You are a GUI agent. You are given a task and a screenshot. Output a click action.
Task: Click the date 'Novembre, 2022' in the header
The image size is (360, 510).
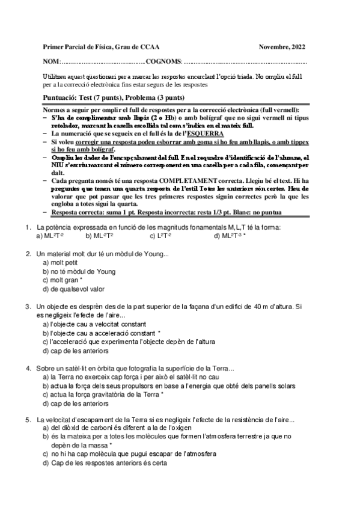pyautogui.click(x=282, y=46)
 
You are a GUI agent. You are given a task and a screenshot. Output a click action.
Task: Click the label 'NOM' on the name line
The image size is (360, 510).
pyautogui.click(x=51, y=61)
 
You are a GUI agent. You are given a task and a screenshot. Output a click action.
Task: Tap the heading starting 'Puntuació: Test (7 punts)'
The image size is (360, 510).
pyautogui.click(x=114, y=97)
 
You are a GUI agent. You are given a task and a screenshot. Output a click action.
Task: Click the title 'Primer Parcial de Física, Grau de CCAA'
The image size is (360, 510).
pyautogui.click(x=102, y=46)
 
